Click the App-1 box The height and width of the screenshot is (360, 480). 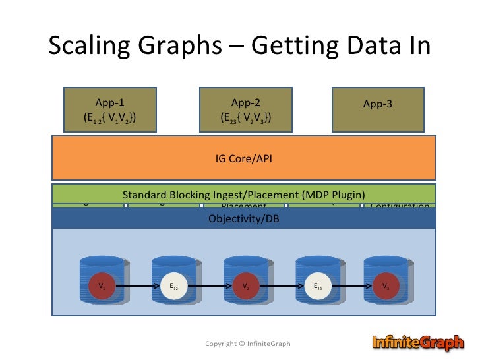point(109,109)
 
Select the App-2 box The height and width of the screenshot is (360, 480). point(246,109)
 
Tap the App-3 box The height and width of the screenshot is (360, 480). point(382,109)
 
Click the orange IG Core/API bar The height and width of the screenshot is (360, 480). point(244,158)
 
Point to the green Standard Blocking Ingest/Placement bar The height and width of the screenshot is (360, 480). point(244,195)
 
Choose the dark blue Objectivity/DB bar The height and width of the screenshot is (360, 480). point(244,218)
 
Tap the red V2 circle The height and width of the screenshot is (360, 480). point(245,286)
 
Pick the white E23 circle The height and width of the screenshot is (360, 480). point(317,286)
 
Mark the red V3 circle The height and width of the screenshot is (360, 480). point(386,286)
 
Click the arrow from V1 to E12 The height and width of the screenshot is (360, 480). point(138,286)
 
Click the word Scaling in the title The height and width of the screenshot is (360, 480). point(88,46)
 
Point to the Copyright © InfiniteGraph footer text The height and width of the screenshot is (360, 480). point(247,344)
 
